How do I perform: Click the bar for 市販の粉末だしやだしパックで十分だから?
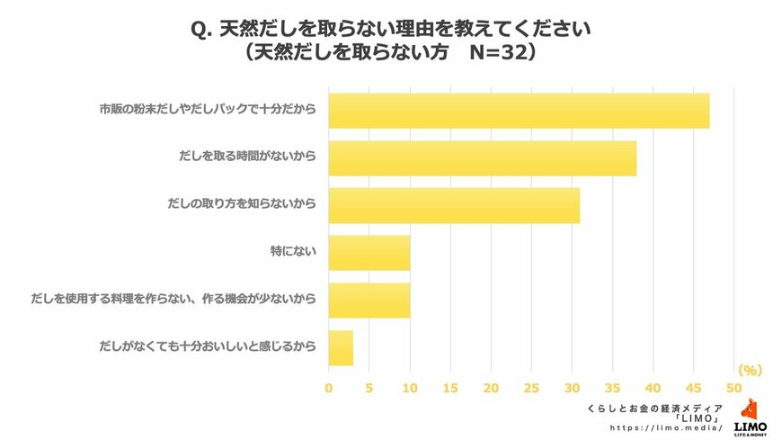(519, 111)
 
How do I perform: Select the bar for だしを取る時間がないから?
(482, 158)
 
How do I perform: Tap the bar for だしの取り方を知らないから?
(454, 206)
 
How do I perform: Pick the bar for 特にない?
(369, 253)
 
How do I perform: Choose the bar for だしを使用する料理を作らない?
(369, 301)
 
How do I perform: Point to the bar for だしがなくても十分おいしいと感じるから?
(341, 348)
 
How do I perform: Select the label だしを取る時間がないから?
(249, 158)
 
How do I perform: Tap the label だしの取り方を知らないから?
(242, 206)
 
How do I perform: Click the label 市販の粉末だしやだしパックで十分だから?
(208, 111)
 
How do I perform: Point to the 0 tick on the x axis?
(328, 388)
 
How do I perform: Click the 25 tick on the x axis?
(531, 388)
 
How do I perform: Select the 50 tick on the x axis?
(734, 388)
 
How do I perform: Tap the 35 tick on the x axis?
(612, 388)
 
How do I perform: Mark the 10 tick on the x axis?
(410, 388)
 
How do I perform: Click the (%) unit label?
(750, 370)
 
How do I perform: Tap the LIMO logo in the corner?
(751, 418)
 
